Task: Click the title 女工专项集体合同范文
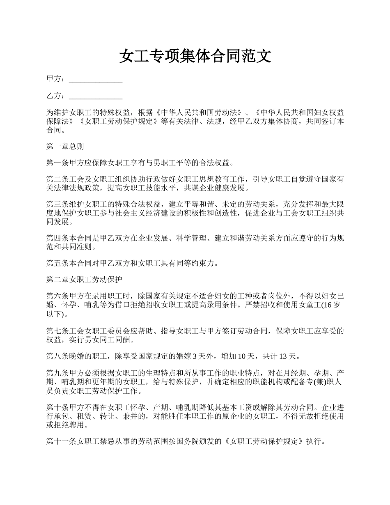click(195, 56)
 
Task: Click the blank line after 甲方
click(96, 79)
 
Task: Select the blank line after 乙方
click(96, 96)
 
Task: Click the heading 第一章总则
click(65, 147)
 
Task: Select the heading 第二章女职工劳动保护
click(84, 280)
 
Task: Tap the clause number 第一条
click(56, 163)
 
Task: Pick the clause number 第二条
click(56, 180)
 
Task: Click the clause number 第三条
click(56, 204)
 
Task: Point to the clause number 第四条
click(56, 239)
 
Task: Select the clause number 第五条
click(56, 263)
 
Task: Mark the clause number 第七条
click(56, 331)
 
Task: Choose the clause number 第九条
click(56, 373)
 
